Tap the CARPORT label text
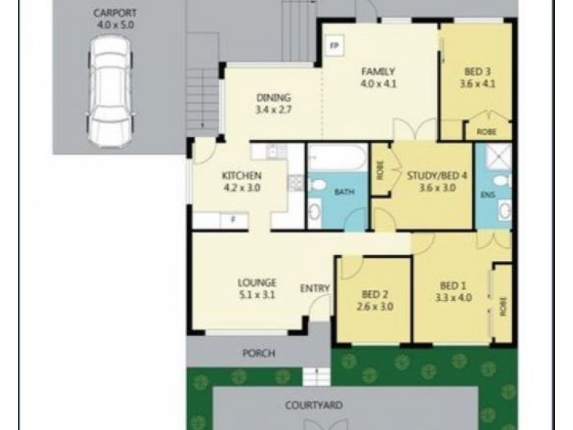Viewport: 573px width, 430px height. pos(114,13)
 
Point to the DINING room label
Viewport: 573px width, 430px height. pos(274,98)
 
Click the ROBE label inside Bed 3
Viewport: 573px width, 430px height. pos(488,131)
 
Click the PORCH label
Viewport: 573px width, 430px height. pos(259,353)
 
